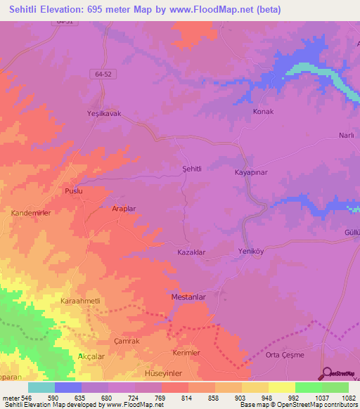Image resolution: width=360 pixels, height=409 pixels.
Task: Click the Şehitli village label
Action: (x=192, y=169)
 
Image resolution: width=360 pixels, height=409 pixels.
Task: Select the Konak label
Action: (x=263, y=112)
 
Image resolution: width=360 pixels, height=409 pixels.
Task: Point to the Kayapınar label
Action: (x=251, y=171)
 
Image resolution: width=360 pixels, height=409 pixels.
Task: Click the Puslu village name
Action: (x=74, y=191)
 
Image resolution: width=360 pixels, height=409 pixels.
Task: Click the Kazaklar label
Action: (x=191, y=251)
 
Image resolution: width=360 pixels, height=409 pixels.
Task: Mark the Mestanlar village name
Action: (x=188, y=297)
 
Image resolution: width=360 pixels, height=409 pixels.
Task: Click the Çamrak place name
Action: (x=107, y=339)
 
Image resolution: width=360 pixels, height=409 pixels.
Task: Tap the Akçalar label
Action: (x=91, y=356)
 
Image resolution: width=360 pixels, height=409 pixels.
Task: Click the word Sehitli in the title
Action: (x=26, y=10)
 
